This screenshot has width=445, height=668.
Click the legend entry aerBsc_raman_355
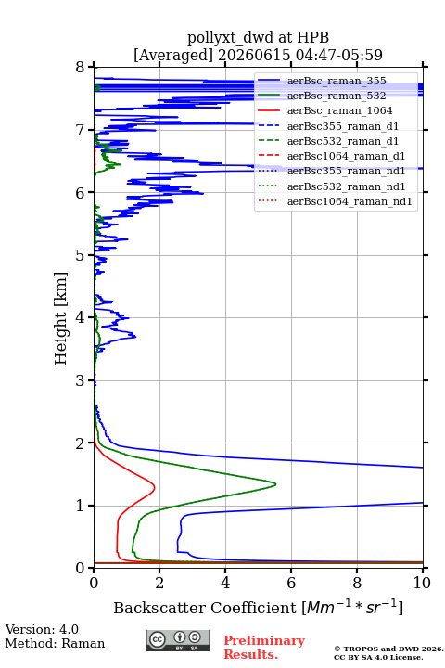tap(337, 81)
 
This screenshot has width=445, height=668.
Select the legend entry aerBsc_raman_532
tap(337, 96)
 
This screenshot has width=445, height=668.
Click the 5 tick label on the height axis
tap(81, 255)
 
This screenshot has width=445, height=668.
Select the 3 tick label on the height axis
tap(81, 380)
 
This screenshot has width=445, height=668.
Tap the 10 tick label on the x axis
tap(422, 583)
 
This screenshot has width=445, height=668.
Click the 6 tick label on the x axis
tap(291, 583)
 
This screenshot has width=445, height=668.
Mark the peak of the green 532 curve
tap(275, 484)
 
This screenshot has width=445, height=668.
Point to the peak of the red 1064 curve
tap(154, 487)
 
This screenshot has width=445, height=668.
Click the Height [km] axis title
tap(61, 318)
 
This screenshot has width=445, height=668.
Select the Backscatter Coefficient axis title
tap(258, 607)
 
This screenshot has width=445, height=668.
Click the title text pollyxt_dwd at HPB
tap(258, 37)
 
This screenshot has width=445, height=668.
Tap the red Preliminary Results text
tap(264, 648)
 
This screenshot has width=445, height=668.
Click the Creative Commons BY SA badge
tap(178, 641)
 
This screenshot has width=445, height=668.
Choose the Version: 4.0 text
tap(42, 629)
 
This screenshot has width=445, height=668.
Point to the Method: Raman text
tap(55, 643)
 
